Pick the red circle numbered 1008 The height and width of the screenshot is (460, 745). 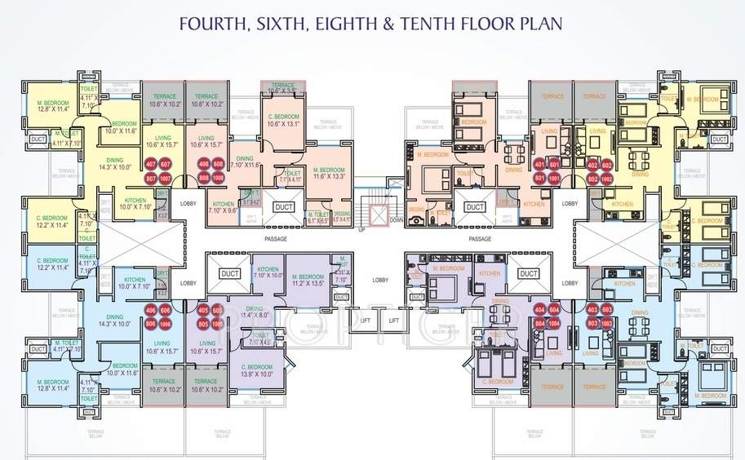pos(218,177)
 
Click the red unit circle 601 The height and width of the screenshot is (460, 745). pos(552,165)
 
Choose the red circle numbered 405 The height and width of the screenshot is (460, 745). pos(203,311)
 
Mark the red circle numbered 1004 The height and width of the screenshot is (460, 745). pos(553,323)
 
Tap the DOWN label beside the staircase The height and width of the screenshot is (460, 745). pos(397,219)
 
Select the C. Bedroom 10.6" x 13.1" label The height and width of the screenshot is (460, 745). pos(284,121)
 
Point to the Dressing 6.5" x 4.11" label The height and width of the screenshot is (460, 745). pos(343,217)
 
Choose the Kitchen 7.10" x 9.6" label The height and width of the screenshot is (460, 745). pos(223,207)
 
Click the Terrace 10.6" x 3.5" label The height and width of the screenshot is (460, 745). pos(283,88)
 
